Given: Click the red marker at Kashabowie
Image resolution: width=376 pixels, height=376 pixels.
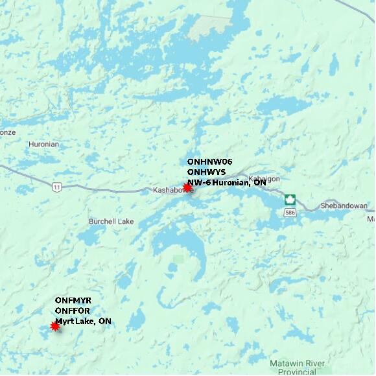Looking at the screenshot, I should (x=187, y=187).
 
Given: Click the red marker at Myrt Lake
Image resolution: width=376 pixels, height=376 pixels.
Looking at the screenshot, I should (x=55, y=326).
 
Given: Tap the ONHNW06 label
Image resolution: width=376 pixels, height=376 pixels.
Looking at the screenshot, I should (x=209, y=161).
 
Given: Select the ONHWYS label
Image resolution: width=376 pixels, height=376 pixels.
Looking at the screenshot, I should (x=206, y=172).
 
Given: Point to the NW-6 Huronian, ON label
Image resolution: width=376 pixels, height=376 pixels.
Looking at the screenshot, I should (x=226, y=182).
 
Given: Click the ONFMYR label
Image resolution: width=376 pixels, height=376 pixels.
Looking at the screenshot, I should (x=73, y=301).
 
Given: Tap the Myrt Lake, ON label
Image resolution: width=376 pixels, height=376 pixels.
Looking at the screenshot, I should (x=83, y=321).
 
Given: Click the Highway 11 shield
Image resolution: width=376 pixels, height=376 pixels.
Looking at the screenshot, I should (x=57, y=187).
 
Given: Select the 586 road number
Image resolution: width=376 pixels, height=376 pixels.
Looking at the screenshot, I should (x=290, y=212).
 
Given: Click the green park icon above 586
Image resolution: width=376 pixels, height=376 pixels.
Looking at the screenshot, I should (x=290, y=200).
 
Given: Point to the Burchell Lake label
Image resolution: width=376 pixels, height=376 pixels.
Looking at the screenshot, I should (x=111, y=222).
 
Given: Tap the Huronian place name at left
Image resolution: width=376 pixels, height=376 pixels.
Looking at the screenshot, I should (x=43, y=144).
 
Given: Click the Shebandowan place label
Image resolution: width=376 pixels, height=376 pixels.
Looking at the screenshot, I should (x=344, y=206).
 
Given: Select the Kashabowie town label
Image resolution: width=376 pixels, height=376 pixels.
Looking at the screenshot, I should (x=171, y=191).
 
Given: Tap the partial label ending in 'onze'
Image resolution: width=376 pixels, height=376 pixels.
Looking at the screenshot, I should (x=7, y=132).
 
